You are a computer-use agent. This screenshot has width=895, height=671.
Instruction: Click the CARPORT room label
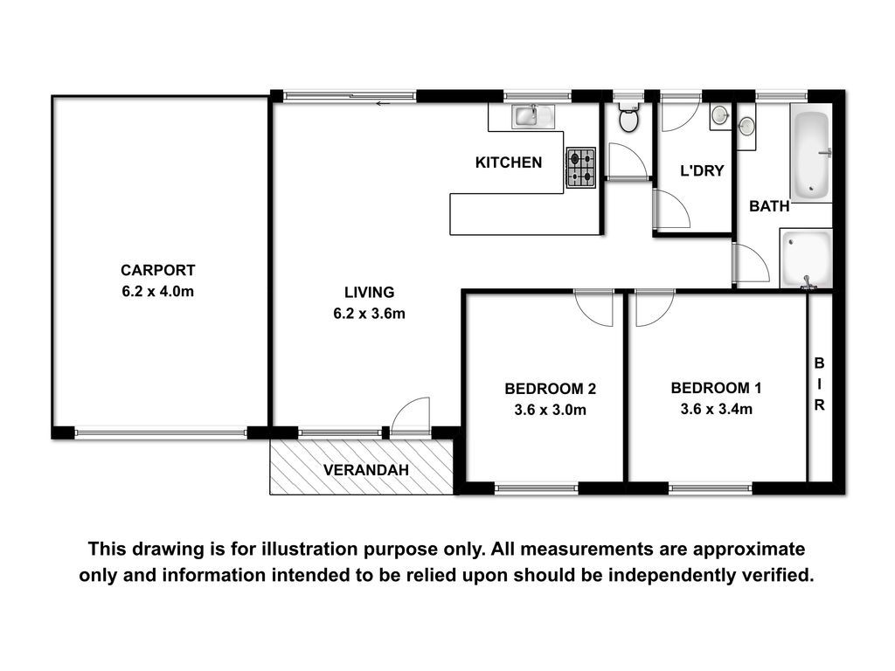click(157, 270)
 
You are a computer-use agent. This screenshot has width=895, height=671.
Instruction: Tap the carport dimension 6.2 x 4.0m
click(157, 292)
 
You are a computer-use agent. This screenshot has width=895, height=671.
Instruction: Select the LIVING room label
click(370, 292)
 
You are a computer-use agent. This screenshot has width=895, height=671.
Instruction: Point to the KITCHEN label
click(509, 163)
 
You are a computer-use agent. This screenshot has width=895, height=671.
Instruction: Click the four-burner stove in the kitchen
click(581, 168)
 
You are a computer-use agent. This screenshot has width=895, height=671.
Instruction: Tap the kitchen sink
click(533, 116)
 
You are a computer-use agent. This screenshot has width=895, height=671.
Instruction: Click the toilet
click(628, 117)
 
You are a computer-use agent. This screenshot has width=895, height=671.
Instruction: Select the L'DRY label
click(702, 170)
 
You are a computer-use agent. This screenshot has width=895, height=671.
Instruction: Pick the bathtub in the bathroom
click(811, 152)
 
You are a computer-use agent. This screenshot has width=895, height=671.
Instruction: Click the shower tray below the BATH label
click(806, 258)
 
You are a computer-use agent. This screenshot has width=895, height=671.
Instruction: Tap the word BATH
click(769, 206)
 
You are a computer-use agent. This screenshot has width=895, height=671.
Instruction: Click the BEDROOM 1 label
click(716, 388)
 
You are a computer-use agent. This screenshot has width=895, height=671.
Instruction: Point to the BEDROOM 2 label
click(551, 389)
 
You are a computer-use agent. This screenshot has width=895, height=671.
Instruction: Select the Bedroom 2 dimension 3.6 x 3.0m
click(551, 410)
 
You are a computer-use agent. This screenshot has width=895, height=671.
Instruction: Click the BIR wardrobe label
click(819, 384)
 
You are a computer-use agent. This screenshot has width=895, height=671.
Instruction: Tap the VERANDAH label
click(366, 470)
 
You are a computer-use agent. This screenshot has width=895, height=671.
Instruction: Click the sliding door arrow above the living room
click(383, 104)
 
